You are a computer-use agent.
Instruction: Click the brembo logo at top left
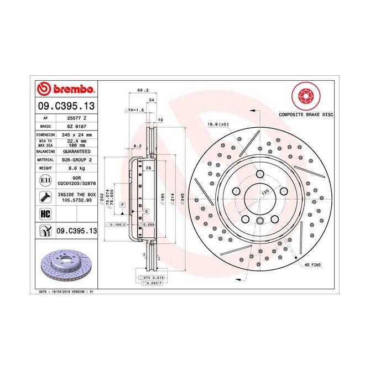tap(66, 89)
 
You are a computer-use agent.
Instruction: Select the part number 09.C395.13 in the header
tap(66, 106)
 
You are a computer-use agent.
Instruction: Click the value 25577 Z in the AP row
tap(75, 118)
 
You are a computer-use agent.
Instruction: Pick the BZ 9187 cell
tap(75, 126)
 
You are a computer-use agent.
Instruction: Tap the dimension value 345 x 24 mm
tap(75, 134)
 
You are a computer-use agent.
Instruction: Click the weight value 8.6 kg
tap(75, 167)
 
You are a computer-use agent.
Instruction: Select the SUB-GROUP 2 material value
tap(75, 159)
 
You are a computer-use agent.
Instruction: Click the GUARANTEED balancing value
tap(75, 150)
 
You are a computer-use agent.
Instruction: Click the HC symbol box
tap(44, 213)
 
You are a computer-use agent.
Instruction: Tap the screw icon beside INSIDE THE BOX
tap(44, 197)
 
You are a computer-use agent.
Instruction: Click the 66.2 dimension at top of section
tap(142, 90)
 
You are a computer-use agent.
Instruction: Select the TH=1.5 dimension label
tap(136, 111)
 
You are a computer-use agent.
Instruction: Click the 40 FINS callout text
tap(312, 265)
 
